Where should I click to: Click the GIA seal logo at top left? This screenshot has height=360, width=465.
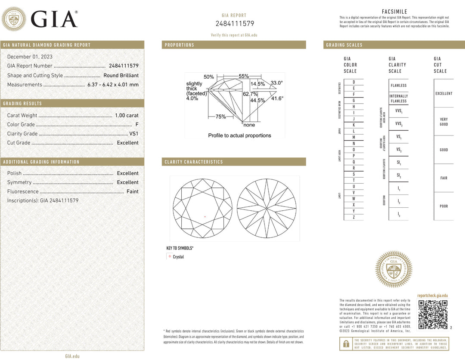pos(14,19)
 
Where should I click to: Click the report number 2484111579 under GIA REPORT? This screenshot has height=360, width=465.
pos(235,24)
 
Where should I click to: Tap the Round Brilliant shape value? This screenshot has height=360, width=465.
pos(121,75)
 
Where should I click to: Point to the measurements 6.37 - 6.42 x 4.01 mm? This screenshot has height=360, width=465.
pos(113,85)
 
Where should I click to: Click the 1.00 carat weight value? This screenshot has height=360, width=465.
pos(127,115)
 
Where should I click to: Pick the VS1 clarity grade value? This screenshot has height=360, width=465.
pos(134,134)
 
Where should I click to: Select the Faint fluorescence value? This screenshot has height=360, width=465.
pos(132,191)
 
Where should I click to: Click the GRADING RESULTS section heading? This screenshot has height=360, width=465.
pos(22,104)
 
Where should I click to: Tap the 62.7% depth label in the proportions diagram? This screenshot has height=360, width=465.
pos(250,94)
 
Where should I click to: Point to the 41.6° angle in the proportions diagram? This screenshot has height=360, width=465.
pos(277,98)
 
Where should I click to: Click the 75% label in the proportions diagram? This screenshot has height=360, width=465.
pos(220,117)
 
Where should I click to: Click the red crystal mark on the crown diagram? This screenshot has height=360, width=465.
pos(205,216)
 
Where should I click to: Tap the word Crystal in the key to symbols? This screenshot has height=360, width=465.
pos(178,257)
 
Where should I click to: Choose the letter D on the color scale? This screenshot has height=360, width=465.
pos(353,82)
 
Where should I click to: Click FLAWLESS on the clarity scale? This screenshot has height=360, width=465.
pos(398,86)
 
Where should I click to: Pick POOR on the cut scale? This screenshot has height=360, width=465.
pos(443,206)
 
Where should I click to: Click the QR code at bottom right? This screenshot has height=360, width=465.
pos(433,314)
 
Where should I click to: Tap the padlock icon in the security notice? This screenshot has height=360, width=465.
pos(346,344)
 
